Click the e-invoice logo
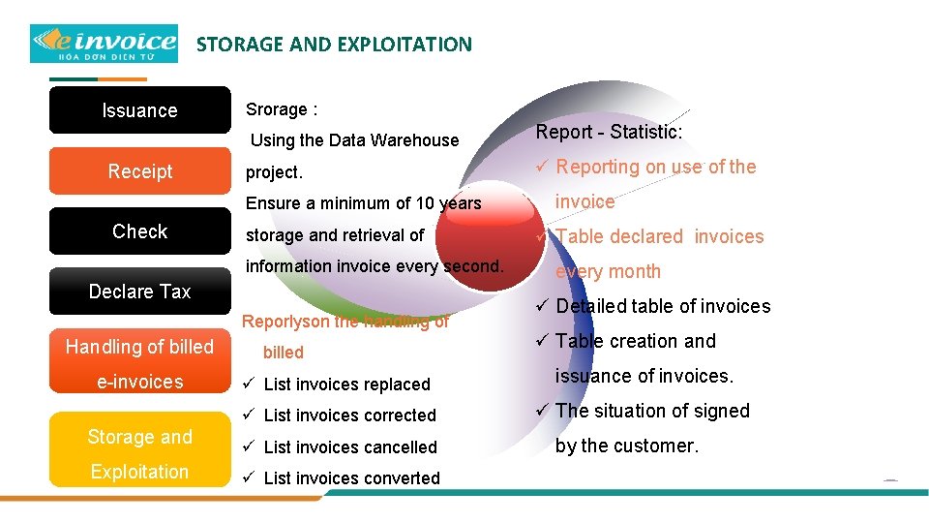pos(104,44)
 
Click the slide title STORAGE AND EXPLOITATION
pos(334,45)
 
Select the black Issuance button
pos(139,110)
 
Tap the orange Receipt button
pos(139,171)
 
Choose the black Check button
pos(139,231)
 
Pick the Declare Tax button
pos(139,292)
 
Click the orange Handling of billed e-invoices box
pos(139,363)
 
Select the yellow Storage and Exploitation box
pos(139,453)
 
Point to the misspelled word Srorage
pos(276,109)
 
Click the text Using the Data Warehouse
pos(354,140)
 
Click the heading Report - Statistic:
pos(609,132)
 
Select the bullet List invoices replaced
pos(346,385)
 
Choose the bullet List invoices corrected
pos(349,415)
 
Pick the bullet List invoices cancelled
pos(350,447)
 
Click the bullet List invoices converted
pos(351,478)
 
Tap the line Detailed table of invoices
pos(663,307)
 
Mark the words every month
pos(608,272)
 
